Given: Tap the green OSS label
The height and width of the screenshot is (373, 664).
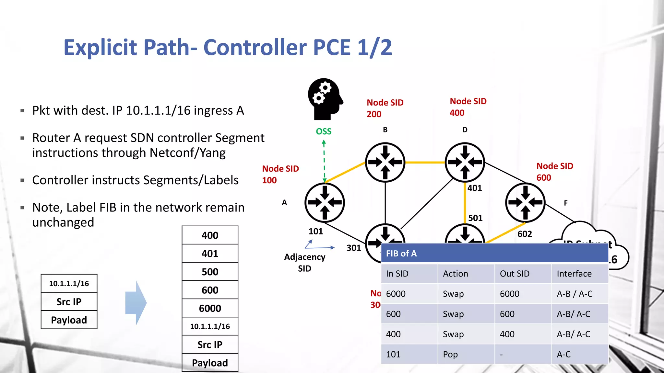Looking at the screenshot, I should tap(324, 131).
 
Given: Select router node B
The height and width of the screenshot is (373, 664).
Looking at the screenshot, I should tap(385, 162).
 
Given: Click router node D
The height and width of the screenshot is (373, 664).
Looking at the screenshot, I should tap(465, 162).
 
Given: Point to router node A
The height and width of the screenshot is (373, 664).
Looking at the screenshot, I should tap(325, 203).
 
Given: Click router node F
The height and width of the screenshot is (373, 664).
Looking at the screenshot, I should tap(525, 203).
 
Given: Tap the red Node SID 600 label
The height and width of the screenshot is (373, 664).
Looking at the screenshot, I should tap(554, 172).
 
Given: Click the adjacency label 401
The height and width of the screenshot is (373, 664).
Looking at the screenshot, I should tap(475, 188).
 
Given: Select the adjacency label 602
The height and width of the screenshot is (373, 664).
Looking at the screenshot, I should tap(525, 234).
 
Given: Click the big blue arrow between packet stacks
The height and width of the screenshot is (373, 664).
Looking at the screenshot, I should tap(136, 303).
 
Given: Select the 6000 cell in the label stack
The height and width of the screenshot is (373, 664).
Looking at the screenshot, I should tap(210, 308).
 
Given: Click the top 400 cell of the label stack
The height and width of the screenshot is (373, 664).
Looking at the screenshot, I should tap(210, 235).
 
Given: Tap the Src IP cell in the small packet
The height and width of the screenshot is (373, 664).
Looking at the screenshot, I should tap(69, 302).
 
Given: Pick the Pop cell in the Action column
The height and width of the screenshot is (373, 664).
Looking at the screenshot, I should tap(450, 355).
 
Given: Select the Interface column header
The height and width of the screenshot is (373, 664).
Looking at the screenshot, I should tap(574, 274).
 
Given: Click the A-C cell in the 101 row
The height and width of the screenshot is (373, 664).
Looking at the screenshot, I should tap(564, 355).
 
